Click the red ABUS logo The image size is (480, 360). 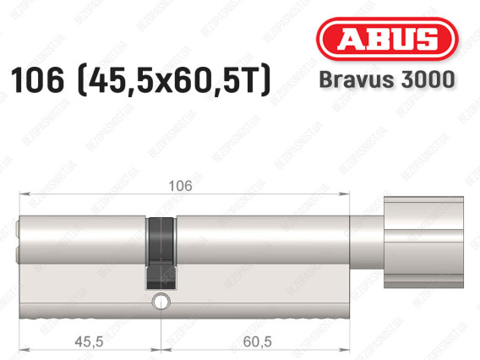(x=387, y=39)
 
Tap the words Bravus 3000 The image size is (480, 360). (x=387, y=79)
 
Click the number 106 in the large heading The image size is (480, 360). (x=38, y=80)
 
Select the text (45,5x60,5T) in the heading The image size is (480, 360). (x=174, y=81)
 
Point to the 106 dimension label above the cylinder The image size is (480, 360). (x=181, y=186)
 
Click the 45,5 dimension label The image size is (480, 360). (x=89, y=341)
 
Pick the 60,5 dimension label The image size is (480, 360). (x=257, y=341)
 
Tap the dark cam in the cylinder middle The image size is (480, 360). (x=161, y=254)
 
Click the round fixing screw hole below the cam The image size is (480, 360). (x=161, y=301)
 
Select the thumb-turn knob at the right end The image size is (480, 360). (x=423, y=243)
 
